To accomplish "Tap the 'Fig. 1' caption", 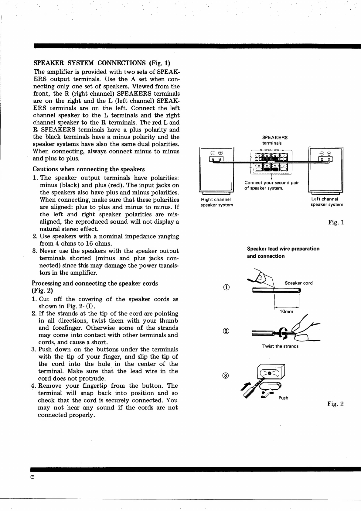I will click(336, 223).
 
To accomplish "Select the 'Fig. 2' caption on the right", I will click(335, 404).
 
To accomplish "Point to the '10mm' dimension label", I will click(286, 312).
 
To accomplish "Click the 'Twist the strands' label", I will click(280, 346).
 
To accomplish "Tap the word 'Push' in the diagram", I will click(283, 398).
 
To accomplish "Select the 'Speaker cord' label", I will click(298, 283).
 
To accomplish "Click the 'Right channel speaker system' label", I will click(217, 202).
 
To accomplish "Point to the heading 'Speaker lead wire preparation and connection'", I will click(283, 252).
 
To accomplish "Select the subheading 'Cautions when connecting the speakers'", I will click(89, 169).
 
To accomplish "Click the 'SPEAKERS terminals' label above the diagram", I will click(275, 140).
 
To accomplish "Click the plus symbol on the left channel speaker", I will click(329, 153).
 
